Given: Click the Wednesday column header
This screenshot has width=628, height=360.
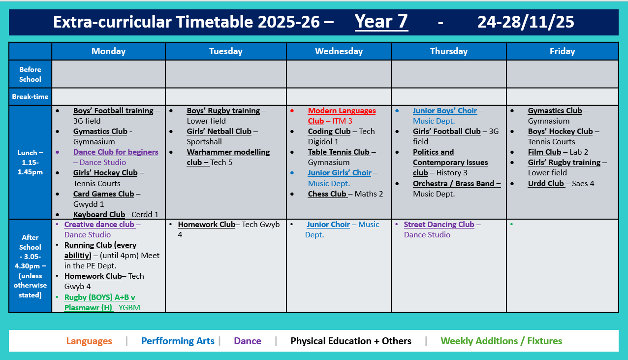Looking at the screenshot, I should (x=339, y=51).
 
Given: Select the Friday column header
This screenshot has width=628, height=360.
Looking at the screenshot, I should (x=562, y=51).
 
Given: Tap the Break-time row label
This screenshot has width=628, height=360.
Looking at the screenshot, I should (x=30, y=97).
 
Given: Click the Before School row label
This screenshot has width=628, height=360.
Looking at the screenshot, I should (x=30, y=74).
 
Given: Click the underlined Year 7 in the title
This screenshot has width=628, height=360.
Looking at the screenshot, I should (x=381, y=22).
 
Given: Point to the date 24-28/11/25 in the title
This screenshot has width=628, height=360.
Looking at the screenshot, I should (x=526, y=22).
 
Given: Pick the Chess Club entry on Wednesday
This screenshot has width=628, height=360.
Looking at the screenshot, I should (x=327, y=194).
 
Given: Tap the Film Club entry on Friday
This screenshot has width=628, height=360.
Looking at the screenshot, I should (x=544, y=152).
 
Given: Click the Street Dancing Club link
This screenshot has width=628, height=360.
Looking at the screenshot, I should (x=439, y=225).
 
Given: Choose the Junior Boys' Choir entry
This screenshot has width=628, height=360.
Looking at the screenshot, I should (x=445, y=111).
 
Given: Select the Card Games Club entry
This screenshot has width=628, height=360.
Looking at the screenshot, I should (x=103, y=194).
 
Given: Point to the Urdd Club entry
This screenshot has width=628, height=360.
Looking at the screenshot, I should (x=546, y=184).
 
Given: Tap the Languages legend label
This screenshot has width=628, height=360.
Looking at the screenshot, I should (x=89, y=341).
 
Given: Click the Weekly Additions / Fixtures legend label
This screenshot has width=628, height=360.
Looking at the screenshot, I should (x=501, y=341).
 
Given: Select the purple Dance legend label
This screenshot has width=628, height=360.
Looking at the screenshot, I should (x=248, y=341).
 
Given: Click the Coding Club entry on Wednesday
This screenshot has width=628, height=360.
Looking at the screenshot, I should (x=329, y=131).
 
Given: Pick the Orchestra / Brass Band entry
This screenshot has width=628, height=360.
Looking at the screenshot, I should (x=456, y=184).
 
